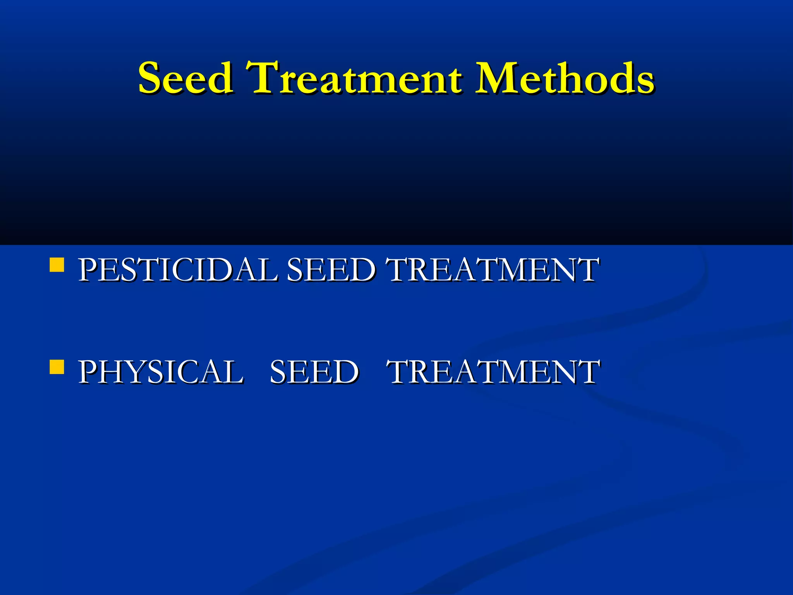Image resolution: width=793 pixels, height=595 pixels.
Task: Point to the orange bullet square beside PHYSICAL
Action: pos(57,367)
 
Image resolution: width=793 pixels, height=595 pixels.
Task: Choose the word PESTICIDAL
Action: pos(178,270)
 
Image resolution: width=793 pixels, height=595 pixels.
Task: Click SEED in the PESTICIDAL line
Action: pos(331,270)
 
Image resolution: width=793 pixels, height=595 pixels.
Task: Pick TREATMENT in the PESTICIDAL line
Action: pos(494,270)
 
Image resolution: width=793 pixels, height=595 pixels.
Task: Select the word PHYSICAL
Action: pos(161,372)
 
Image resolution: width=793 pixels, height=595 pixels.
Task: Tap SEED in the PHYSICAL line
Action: pos(314,372)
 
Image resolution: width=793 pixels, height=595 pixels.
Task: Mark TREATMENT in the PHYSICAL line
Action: pos(494,372)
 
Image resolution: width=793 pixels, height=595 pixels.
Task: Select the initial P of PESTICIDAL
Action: pos(88,270)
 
